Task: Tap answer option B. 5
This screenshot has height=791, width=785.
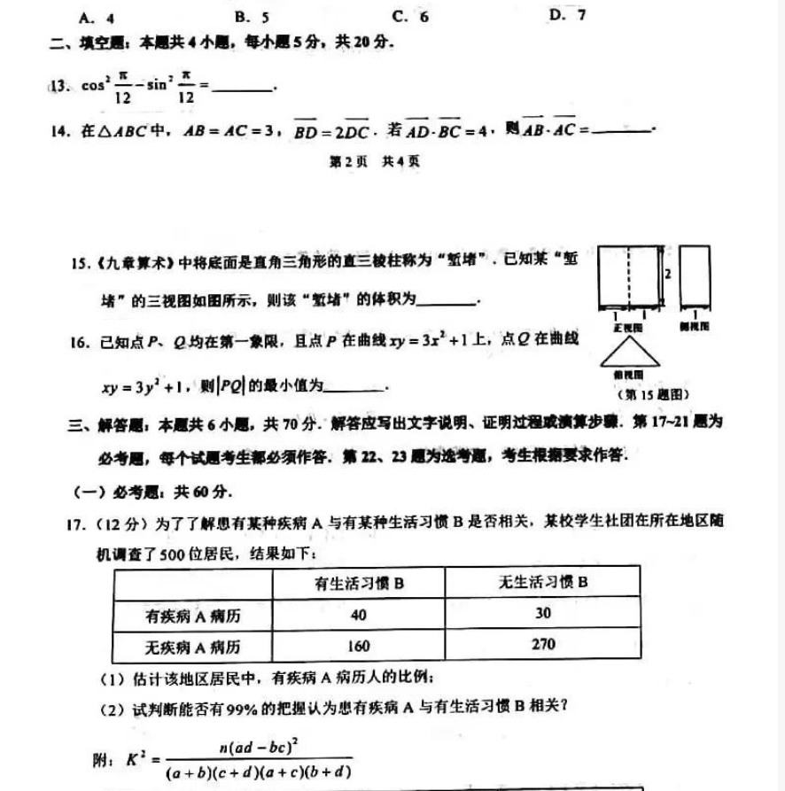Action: (253, 16)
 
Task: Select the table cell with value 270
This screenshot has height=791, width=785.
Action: (543, 644)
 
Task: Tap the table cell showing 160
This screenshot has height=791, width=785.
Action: (359, 645)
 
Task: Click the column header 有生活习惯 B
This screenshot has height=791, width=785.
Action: (359, 583)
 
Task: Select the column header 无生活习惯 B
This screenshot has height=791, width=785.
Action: (543, 582)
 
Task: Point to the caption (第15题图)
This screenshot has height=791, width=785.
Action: (645, 394)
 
